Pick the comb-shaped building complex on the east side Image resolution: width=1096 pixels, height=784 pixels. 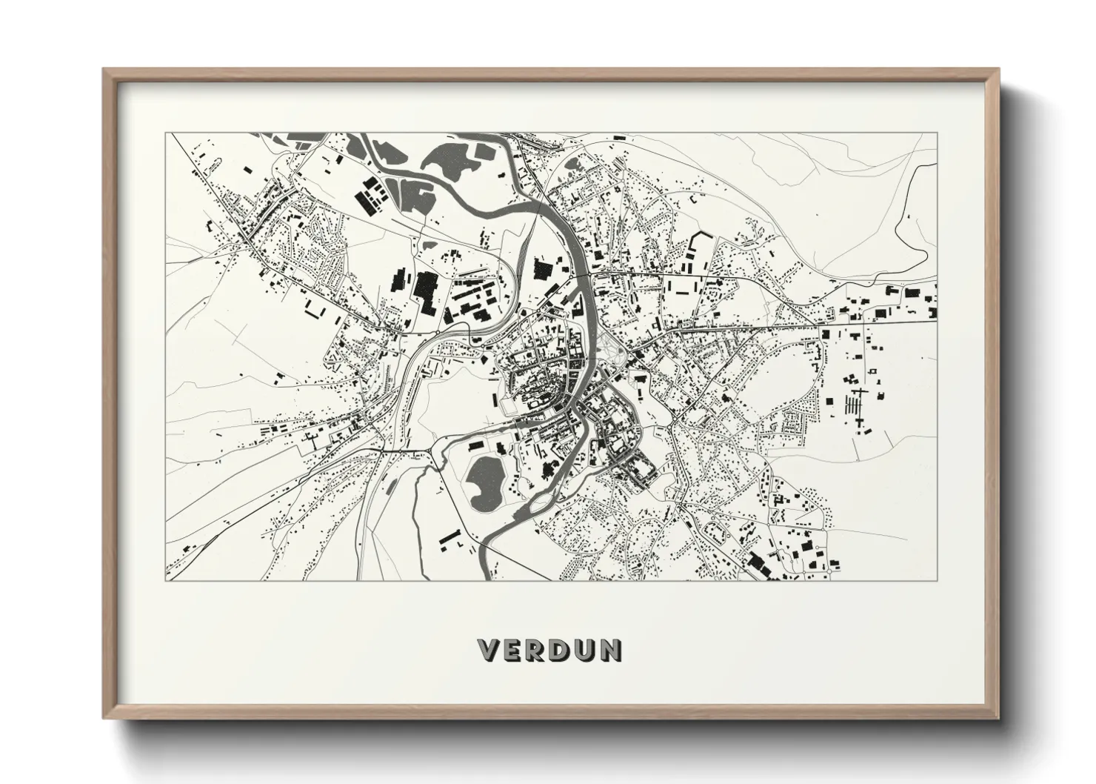(x=860, y=406)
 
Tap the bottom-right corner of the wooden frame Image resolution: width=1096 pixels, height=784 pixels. (x=998, y=717)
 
